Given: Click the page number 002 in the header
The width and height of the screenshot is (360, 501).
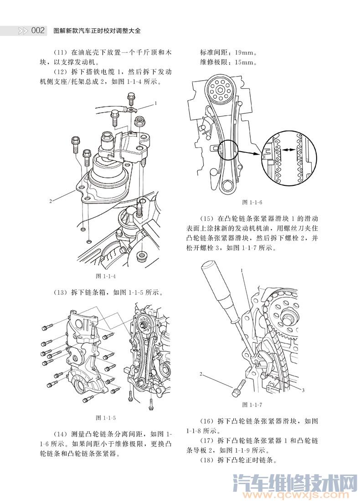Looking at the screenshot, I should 37,31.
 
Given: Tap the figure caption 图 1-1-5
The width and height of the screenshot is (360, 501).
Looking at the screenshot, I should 106,418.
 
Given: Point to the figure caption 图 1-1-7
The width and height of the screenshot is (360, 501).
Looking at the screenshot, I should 252,404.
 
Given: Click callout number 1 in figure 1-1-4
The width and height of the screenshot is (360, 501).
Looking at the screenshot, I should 155,103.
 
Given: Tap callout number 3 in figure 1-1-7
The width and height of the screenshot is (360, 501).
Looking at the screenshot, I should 303,390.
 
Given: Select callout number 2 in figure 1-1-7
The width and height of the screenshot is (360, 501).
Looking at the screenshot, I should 201,374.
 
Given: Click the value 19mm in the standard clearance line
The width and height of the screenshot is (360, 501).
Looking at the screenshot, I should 246,52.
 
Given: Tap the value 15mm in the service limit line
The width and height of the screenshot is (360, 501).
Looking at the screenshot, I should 246,62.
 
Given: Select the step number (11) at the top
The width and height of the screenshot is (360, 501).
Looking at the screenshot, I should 61,52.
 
